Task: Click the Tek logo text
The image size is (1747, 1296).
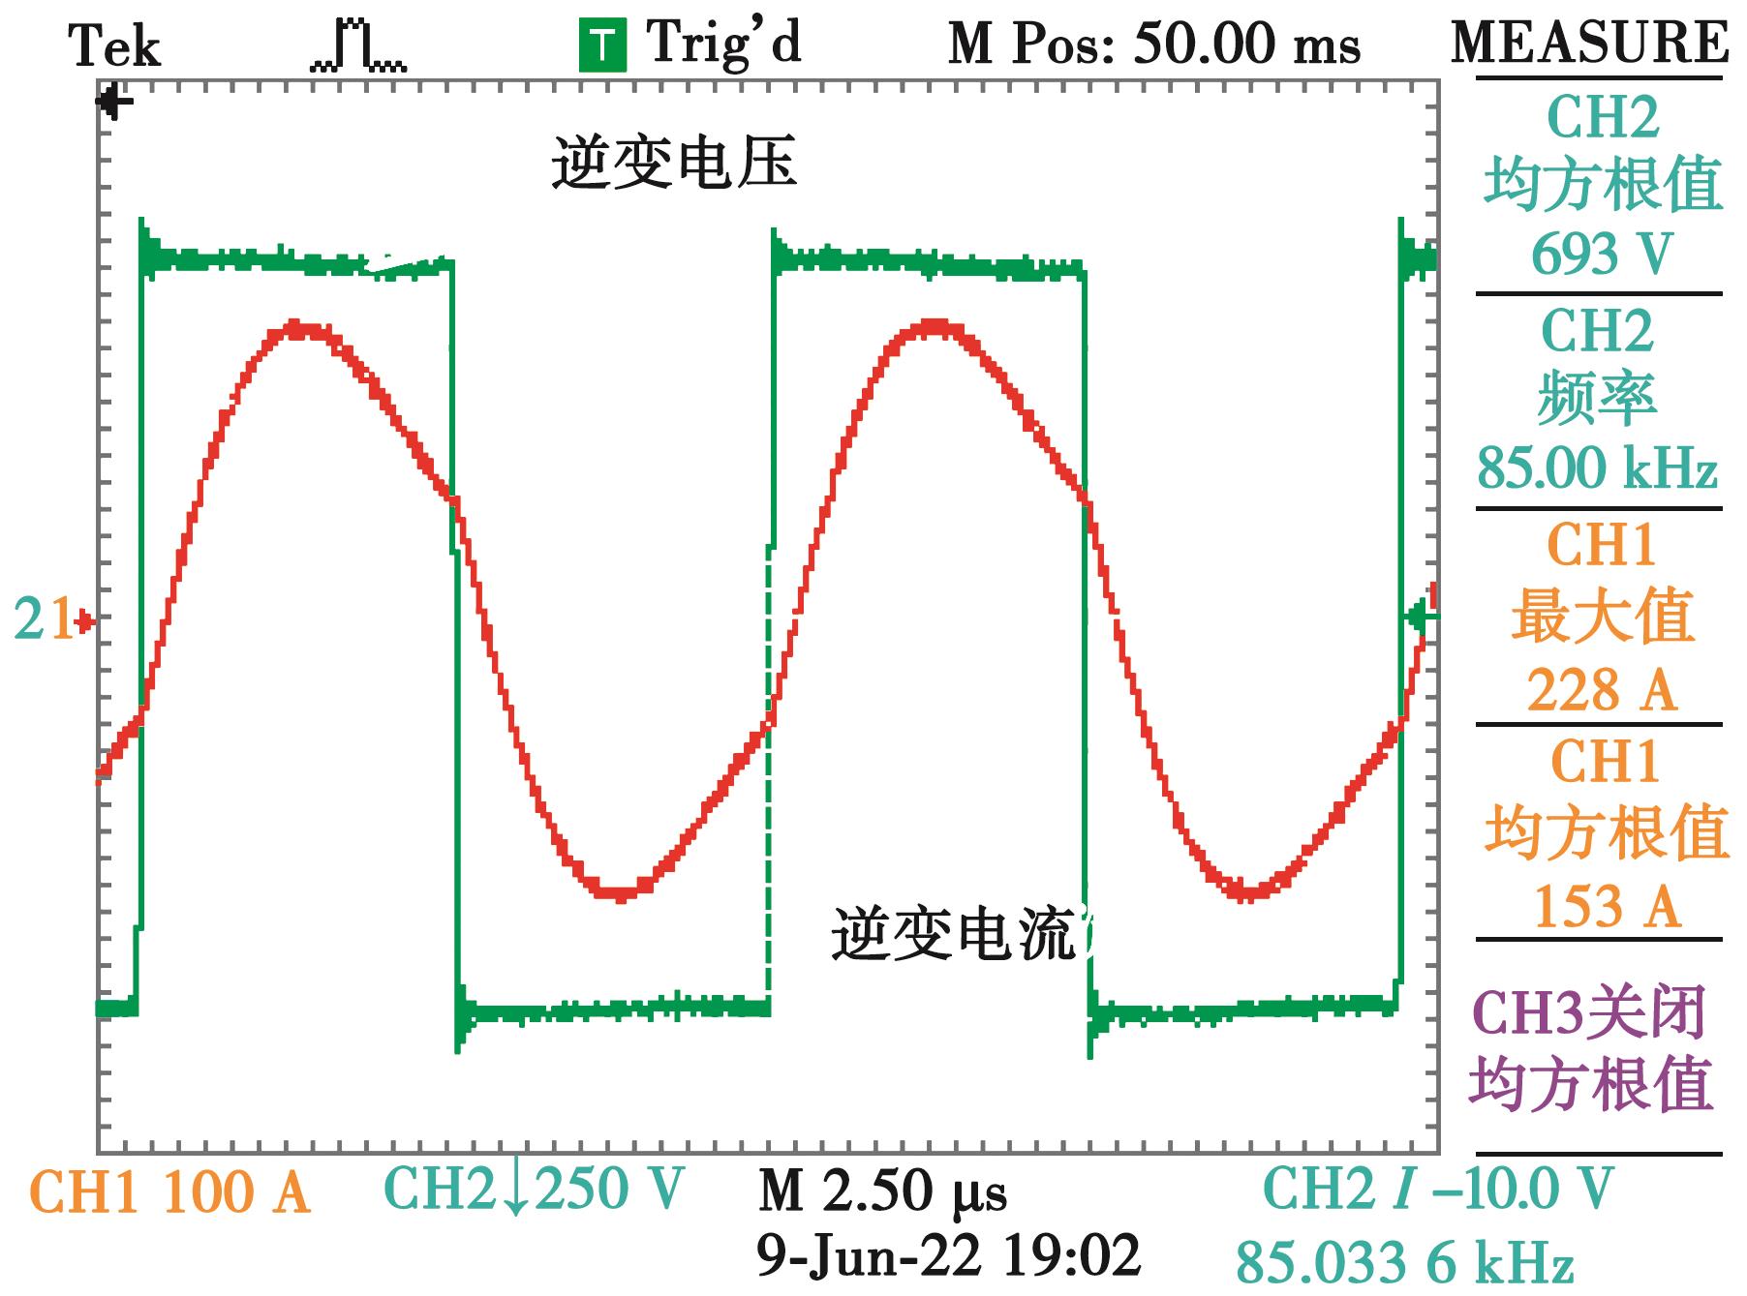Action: click(114, 46)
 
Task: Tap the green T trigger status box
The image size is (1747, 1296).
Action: click(602, 46)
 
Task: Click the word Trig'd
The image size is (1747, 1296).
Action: click(724, 45)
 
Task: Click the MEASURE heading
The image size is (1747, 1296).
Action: click(1589, 43)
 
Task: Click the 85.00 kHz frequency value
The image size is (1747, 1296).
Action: click(1597, 468)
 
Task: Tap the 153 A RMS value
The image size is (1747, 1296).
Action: click(1605, 906)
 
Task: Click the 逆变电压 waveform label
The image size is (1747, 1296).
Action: click(674, 163)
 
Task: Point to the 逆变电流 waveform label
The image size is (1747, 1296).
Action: click(955, 935)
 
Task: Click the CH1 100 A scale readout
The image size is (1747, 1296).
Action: click(170, 1192)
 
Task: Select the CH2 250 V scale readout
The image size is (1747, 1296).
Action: click(534, 1189)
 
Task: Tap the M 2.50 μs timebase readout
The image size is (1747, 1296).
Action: click(882, 1191)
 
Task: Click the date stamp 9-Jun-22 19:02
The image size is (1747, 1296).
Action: click(948, 1256)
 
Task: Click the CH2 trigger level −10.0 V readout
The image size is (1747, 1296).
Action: click(1438, 1190)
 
